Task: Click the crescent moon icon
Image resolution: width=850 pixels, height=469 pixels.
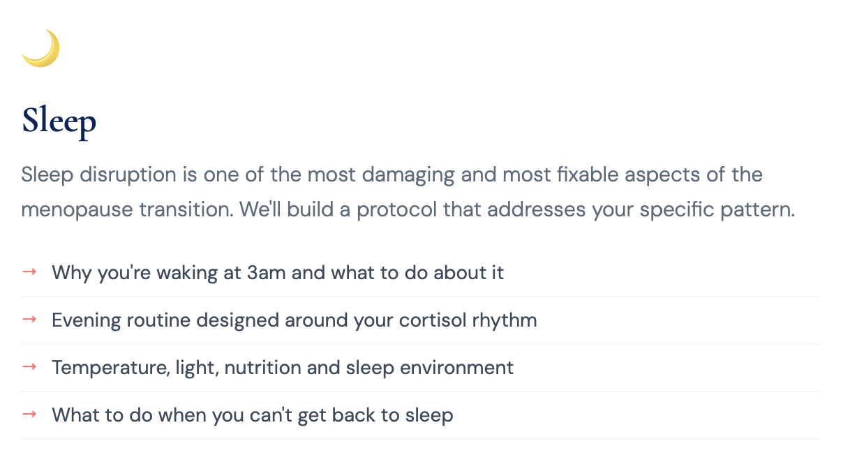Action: pos(40,48)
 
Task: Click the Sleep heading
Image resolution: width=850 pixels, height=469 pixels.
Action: pos(59,121)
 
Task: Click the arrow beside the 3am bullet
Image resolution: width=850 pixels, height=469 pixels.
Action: pos(29,271)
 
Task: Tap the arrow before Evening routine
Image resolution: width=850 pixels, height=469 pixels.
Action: pos(29,320)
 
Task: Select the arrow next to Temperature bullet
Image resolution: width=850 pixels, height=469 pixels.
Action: pos(29,367)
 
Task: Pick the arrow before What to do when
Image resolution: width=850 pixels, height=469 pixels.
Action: pos(29,415)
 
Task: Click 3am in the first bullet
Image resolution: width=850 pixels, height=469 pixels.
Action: pos(267,272)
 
